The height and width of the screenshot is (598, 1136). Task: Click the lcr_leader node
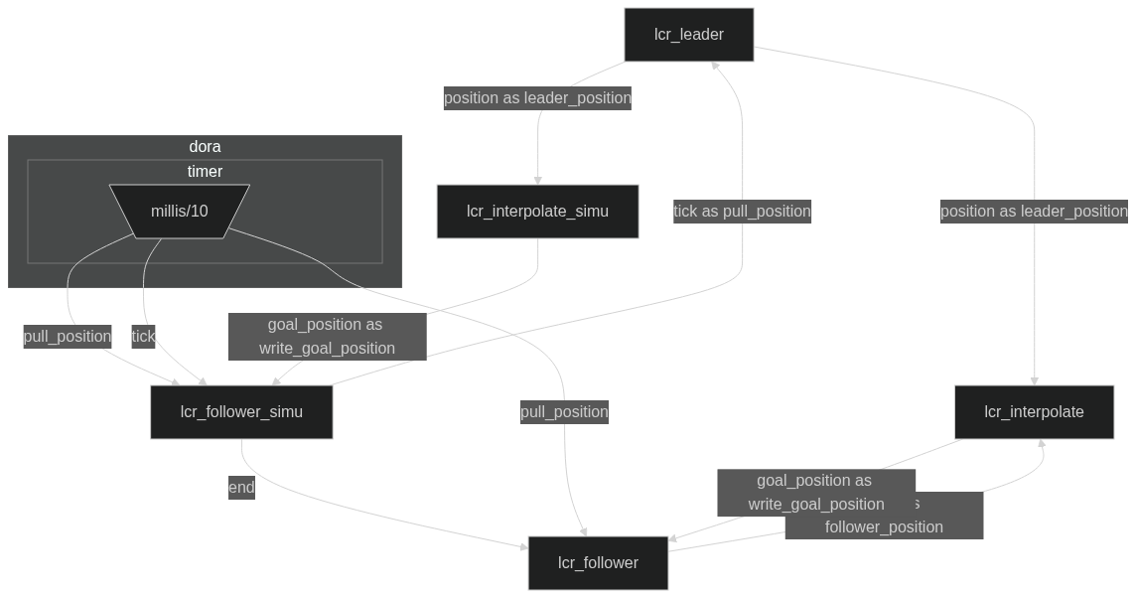click(688, 35)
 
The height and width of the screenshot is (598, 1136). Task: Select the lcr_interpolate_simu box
click(537, 212)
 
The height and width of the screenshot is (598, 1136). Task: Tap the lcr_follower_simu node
click(241, 412)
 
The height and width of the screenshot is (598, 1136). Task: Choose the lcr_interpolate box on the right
click(1034, 412)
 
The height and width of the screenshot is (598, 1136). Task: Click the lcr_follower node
click(598, 563)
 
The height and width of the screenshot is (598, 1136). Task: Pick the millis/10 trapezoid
click(180, 212)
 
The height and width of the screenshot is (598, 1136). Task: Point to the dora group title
click(205, 147)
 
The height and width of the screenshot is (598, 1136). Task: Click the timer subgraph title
click(205, 172)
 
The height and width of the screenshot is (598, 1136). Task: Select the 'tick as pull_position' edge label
click(742, 212)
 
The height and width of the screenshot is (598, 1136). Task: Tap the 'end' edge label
click(241, 488)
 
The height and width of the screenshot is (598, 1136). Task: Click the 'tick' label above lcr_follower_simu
click(143, 337)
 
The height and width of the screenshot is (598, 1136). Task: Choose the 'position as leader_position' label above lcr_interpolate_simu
click(537, 98)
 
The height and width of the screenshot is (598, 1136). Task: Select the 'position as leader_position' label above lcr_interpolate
click(1034, 212)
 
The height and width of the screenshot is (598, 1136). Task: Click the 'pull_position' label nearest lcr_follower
click(564, 412)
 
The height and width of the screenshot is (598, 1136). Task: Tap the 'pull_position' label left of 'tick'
click(68, 337)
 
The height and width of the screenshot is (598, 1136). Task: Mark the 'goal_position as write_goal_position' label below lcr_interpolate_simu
click(327, 337)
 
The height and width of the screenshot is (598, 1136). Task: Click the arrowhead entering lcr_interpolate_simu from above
click(538, 181)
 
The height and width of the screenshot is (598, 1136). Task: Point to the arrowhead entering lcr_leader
click(715, 65)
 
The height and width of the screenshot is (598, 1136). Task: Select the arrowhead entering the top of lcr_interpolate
click(1035, 381)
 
